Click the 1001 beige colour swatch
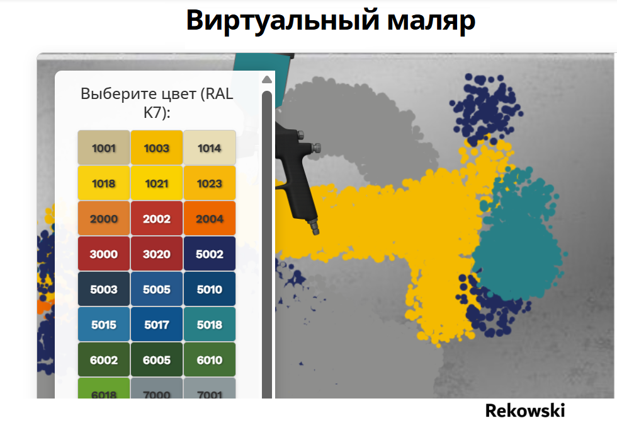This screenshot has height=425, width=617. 103,148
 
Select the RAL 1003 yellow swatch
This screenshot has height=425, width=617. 157,148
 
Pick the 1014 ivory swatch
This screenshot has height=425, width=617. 209,148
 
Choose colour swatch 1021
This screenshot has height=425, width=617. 157,183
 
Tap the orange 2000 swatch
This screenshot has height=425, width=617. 103,218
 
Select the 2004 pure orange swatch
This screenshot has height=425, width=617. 209,218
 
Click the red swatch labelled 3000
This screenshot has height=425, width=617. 103,253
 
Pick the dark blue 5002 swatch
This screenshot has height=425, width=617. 209,253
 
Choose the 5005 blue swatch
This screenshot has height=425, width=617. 157,289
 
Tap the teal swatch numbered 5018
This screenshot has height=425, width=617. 209,324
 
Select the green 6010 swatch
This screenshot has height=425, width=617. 209,359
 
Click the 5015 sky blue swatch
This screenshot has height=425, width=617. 103,324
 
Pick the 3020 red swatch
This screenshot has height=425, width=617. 157,253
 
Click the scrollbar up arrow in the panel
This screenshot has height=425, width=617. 267,79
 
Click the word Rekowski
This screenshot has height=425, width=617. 525,410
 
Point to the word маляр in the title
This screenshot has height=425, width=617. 431,21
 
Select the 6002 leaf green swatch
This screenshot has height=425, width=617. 103,359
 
